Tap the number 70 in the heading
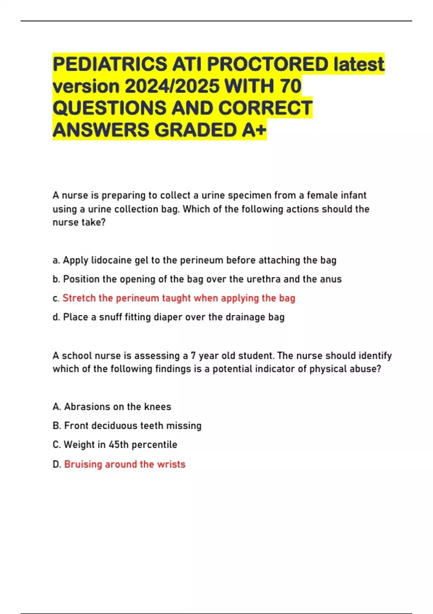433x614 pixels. [290, 86]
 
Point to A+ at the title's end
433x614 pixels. [254, 130]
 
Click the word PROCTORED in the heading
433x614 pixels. [267, 64]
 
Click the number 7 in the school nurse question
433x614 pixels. [193, 356]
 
